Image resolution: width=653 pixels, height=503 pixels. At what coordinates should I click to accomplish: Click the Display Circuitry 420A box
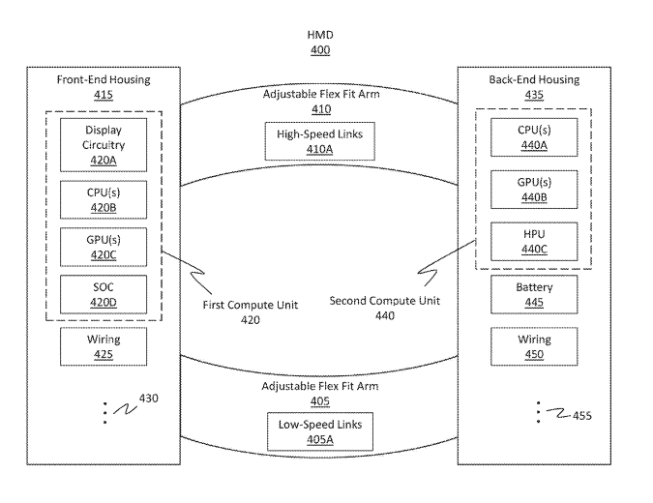104,145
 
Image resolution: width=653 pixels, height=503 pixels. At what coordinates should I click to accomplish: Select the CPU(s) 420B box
104,199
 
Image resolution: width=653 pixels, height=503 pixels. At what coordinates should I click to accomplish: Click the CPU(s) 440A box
534,137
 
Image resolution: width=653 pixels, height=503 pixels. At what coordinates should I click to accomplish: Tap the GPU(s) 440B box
534,191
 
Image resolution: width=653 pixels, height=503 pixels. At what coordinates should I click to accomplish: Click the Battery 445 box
534,295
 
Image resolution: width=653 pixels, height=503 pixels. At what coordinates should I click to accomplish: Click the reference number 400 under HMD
320,50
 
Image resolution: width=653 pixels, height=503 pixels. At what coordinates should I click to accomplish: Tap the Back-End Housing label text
535,80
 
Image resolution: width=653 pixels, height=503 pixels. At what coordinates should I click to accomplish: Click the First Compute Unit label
250,306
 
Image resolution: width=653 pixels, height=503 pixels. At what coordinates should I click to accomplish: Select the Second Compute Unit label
384,300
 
